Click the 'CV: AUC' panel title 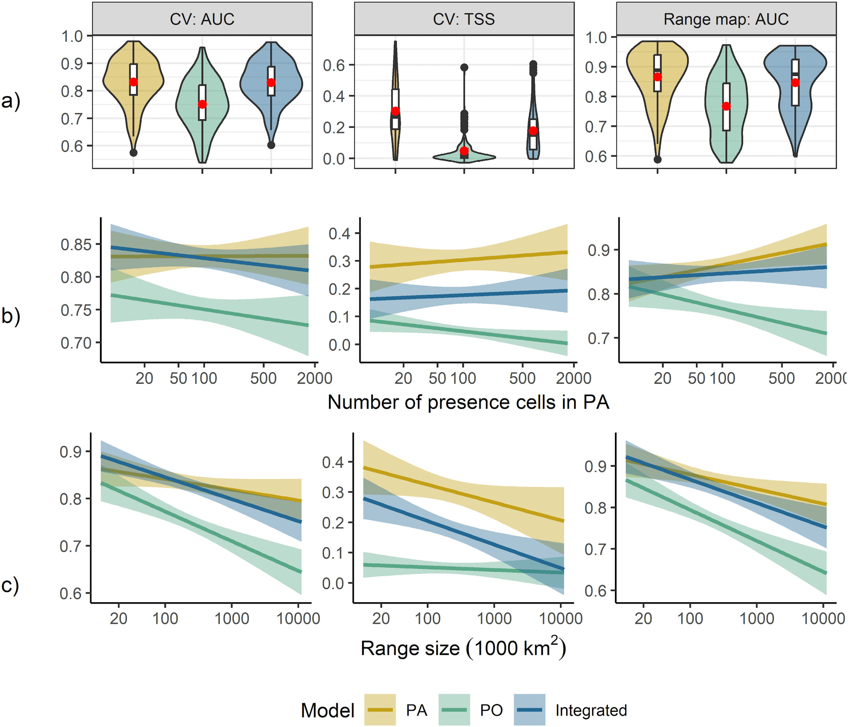(x=202, y=19)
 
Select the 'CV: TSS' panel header (x=464, y=19)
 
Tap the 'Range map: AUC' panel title (x=726, y=19)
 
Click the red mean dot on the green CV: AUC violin (x=202, y=104)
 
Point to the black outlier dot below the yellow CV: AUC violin (x=133, y=153)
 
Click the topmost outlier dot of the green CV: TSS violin (x=464, y=67)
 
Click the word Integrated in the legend (x=591, y=710)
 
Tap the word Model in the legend (x=328, y=711)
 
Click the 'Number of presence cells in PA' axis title (x=468, y=403)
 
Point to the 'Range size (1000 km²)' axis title (x=463, y=649)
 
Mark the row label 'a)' (x=11, y=101)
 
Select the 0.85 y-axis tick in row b (x=76, y=245)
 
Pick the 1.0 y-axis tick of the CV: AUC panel (x=72, y=36)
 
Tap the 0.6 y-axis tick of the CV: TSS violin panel (x=334, y=65)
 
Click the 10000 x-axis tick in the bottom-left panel (x=298, y=619)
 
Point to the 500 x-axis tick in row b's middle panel (x=522, y=378)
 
